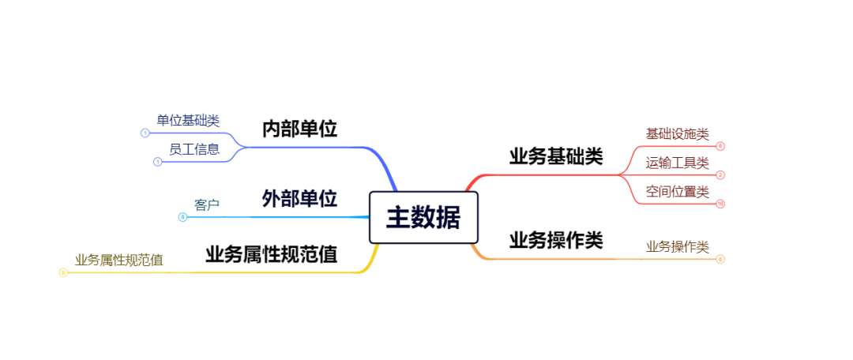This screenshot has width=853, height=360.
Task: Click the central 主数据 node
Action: pyautogui.click(x=423, y=217)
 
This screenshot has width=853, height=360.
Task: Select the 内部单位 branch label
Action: pyautogui.click(x=299, y=129)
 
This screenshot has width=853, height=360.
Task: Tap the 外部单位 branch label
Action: pyautogui.click(x=299, y=198)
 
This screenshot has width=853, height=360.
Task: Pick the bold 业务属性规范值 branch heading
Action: pyautogui.click(x=271, y=254)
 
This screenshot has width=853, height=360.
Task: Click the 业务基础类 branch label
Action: pyautogui.click(x=555, y=156)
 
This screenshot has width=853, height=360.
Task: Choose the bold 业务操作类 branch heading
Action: pyautogui.click(x=555, y=240)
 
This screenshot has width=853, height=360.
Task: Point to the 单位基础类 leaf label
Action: pyautogui.click(x=188, y=120)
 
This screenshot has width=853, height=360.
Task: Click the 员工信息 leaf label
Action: pyautogui.click(x=194, y=148)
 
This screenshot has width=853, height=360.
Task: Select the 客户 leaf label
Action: pyautogui.click(x=206, y=204)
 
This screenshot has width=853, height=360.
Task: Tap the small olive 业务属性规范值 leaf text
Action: pyautogui.click(x=119, y=260)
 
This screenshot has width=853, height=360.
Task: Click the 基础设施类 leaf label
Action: pyautogui.click(x=677, y=133)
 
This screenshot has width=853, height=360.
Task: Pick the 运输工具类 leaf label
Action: pyautogui.click(x=677, y=163)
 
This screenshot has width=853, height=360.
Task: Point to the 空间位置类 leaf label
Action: pyautogui.click(x=677, y=191)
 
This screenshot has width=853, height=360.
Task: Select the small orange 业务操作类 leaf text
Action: pyautogui.click(x=677, y=246)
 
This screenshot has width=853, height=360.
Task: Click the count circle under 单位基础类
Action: pyautogui.click(x=145, y=133)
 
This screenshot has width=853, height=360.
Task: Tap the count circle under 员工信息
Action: pyautogui.click(x=157, y=162)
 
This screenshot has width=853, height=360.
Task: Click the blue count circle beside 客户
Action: pyautogui.click(x=183, y=217)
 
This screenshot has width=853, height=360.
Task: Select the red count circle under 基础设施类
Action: pyautogui.click(x=720, y=146)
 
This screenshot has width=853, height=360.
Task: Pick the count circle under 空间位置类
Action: pyautogui.click(x=720, y=204)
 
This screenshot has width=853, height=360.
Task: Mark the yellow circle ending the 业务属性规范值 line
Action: pyautogui.click(x=63, y=272)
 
